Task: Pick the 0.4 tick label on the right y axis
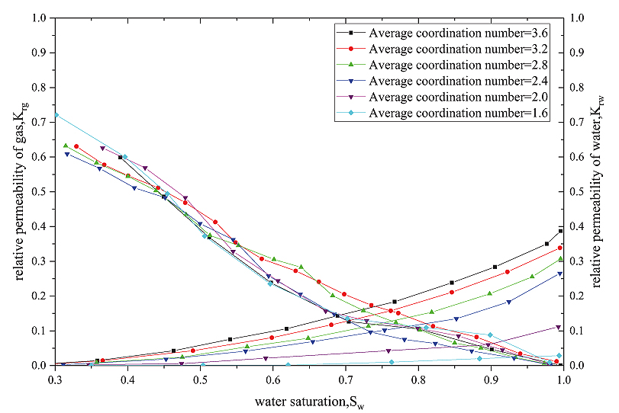[577, 226]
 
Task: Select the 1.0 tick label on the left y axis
[40, 18]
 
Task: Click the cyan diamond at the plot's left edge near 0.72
[56, 114]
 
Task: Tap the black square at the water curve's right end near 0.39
[561, 231]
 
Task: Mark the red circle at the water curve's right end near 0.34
[560, 248]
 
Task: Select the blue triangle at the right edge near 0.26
[561, 274]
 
